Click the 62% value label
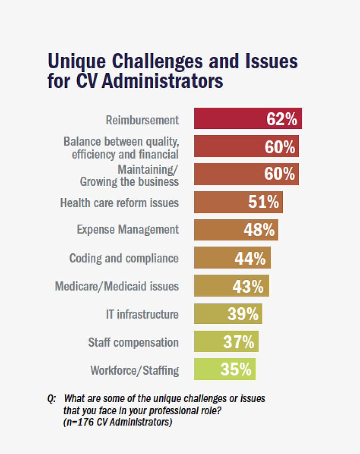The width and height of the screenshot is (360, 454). (282, 119)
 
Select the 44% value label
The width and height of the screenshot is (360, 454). (250, 258)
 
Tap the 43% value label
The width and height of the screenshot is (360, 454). (248, 286)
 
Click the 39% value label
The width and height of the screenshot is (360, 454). (243, 314)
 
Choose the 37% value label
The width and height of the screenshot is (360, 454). (239, 342)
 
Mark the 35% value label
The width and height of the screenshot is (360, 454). (236, 370)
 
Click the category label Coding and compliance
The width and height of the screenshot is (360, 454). (124, 258)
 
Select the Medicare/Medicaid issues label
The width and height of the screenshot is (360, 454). (117, 286)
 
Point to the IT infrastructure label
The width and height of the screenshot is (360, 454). (142, 314)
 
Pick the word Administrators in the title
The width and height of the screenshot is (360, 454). (162, 82)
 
